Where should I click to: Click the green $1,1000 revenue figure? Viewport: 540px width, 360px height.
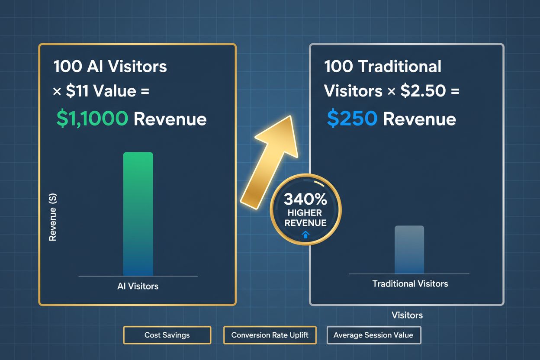pyautogui.click(x=92, y=119)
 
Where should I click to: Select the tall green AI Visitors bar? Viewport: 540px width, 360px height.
pyautogui.click(x=138, y=214)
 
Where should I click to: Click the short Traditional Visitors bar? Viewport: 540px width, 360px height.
pyautogui.click(x=409, y=250)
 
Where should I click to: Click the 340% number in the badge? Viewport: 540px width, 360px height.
pyautogui.click(x=305, y=200)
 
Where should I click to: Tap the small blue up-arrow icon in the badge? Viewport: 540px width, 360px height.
pyautogui.click(x=305, y=235)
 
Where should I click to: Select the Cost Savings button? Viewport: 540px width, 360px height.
pyautogui.click(x=167, y=335)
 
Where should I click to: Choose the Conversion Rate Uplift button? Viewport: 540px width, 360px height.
pyautogui.click(x=270, y=335)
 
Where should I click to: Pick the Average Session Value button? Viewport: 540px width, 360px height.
pyautogui.click(x=373, y=335)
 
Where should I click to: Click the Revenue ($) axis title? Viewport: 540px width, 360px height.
pyautogui.click(x=53, y=217)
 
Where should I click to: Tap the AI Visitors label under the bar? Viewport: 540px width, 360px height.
pyautogui.click(x=138, y=286)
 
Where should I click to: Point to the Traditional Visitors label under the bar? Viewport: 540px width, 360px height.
pyautogui.click(x=410, y=284)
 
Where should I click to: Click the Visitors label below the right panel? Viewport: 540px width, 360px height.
pyautogui.click(x=407, y=315)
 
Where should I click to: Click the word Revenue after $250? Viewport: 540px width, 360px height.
pyautogui.click(x=419, y=119)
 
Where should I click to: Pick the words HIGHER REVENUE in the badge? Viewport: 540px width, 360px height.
pyautogui.click(x=305, y=218)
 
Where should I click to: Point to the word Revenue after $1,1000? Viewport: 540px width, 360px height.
pyautogui.click(x=170, y=119)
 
